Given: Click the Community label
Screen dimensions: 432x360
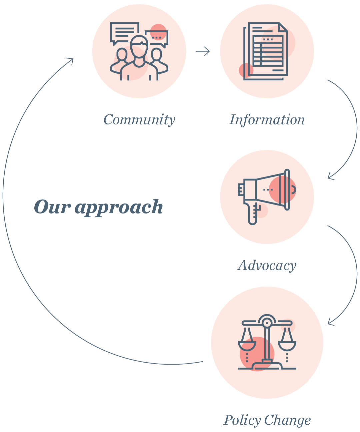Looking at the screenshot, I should pos(139,120).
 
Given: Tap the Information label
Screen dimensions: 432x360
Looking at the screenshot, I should pos(267,120).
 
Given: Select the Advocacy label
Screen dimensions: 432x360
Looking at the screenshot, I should pos(267,266).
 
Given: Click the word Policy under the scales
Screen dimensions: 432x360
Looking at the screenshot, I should pos(242,420).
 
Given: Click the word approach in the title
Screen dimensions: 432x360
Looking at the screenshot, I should pos(119,207).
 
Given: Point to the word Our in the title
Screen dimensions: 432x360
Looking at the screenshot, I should pos(52,207).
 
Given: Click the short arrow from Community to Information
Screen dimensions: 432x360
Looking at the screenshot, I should pos(203,51).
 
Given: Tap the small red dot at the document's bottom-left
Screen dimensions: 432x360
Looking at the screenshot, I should pos(246,70).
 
